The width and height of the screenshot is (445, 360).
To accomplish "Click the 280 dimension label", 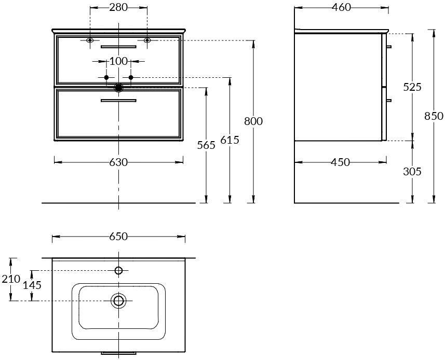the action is pos(118,7).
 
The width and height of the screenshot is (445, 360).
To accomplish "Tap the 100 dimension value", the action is pos(118,61).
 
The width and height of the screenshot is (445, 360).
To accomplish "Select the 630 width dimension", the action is pos(118,162).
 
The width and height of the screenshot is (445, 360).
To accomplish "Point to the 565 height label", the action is pos(206,145).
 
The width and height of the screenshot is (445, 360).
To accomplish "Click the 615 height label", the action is pos(230,140).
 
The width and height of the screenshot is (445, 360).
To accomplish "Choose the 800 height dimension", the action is pos(253,121).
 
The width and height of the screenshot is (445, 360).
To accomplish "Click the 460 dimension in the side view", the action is pos(342,7).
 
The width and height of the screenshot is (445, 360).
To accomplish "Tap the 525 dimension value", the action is pos(412,87).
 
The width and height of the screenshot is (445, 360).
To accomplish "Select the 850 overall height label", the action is pos(434,116).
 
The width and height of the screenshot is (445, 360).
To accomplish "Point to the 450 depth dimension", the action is pos(341,162).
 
